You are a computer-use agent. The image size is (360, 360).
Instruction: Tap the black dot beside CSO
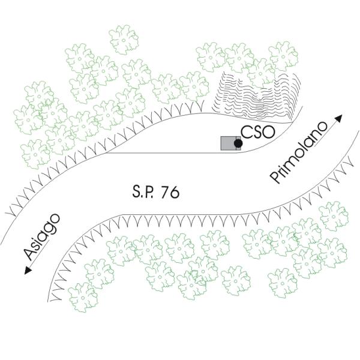238,144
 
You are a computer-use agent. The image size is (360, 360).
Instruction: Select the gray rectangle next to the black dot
228,143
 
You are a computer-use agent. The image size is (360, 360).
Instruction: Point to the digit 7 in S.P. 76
164,193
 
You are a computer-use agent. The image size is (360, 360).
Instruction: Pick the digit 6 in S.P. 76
174,193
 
